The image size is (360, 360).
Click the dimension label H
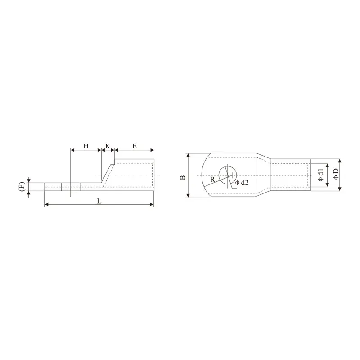coord(86,146)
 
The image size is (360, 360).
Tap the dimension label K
coord(108,146)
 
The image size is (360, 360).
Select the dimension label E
coord(135,146)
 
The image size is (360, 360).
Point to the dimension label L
coord(99,201)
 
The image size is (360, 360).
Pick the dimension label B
coord(183,177)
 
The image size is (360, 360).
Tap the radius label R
coord(212,180)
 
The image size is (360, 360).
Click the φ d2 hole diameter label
coord(242,183)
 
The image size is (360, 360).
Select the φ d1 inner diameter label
coord(321,175)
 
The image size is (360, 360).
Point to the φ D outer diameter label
coord(336,174)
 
